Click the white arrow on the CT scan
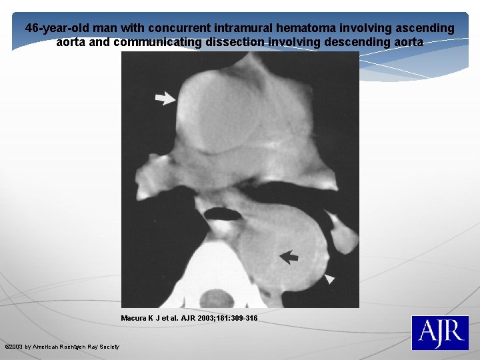coord(165,99)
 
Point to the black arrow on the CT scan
coord(289,257)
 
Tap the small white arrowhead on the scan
coord(330,279)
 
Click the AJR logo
coord(439,333)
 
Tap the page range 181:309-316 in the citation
coord(237,319)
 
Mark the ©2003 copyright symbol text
coord(14,347)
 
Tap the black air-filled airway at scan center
coord(217,213)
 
